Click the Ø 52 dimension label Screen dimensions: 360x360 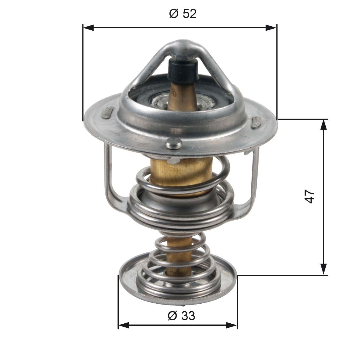tap(183, 14)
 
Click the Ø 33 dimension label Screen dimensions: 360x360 tap(181, 316)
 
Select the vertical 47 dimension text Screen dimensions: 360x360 tap(310, 196)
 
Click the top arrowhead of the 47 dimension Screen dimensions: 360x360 tap(323, 125)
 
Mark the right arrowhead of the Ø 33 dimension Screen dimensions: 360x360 tap(232, 325)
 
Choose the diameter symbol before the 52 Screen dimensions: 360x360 tap(174, 14)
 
